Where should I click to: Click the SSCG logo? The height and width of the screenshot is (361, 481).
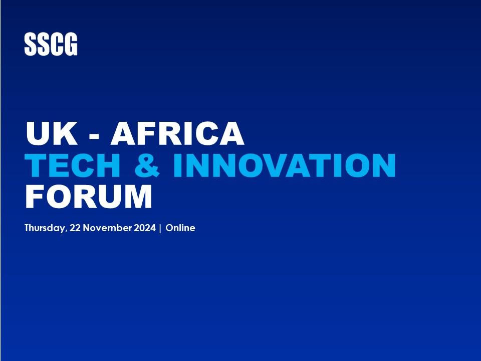(x=51, y=44)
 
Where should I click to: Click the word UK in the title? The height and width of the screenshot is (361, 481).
(x=52, y=133)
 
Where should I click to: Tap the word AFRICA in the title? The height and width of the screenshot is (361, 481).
(x=177, y=133)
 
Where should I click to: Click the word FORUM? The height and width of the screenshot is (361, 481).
(x=88, y=197)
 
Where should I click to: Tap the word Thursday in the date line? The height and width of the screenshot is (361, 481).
(x=45, y=228)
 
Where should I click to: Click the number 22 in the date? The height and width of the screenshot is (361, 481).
(x=75, y=228)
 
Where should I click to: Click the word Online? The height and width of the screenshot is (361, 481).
(x=180, y=228)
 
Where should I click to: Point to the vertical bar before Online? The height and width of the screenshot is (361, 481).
(x=160, y=228)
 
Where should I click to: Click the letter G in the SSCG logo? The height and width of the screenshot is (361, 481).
(x=71, y=44)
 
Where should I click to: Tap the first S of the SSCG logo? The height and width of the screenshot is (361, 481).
(x=31, y=44)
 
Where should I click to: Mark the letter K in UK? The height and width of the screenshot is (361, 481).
(x=65, y=133)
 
